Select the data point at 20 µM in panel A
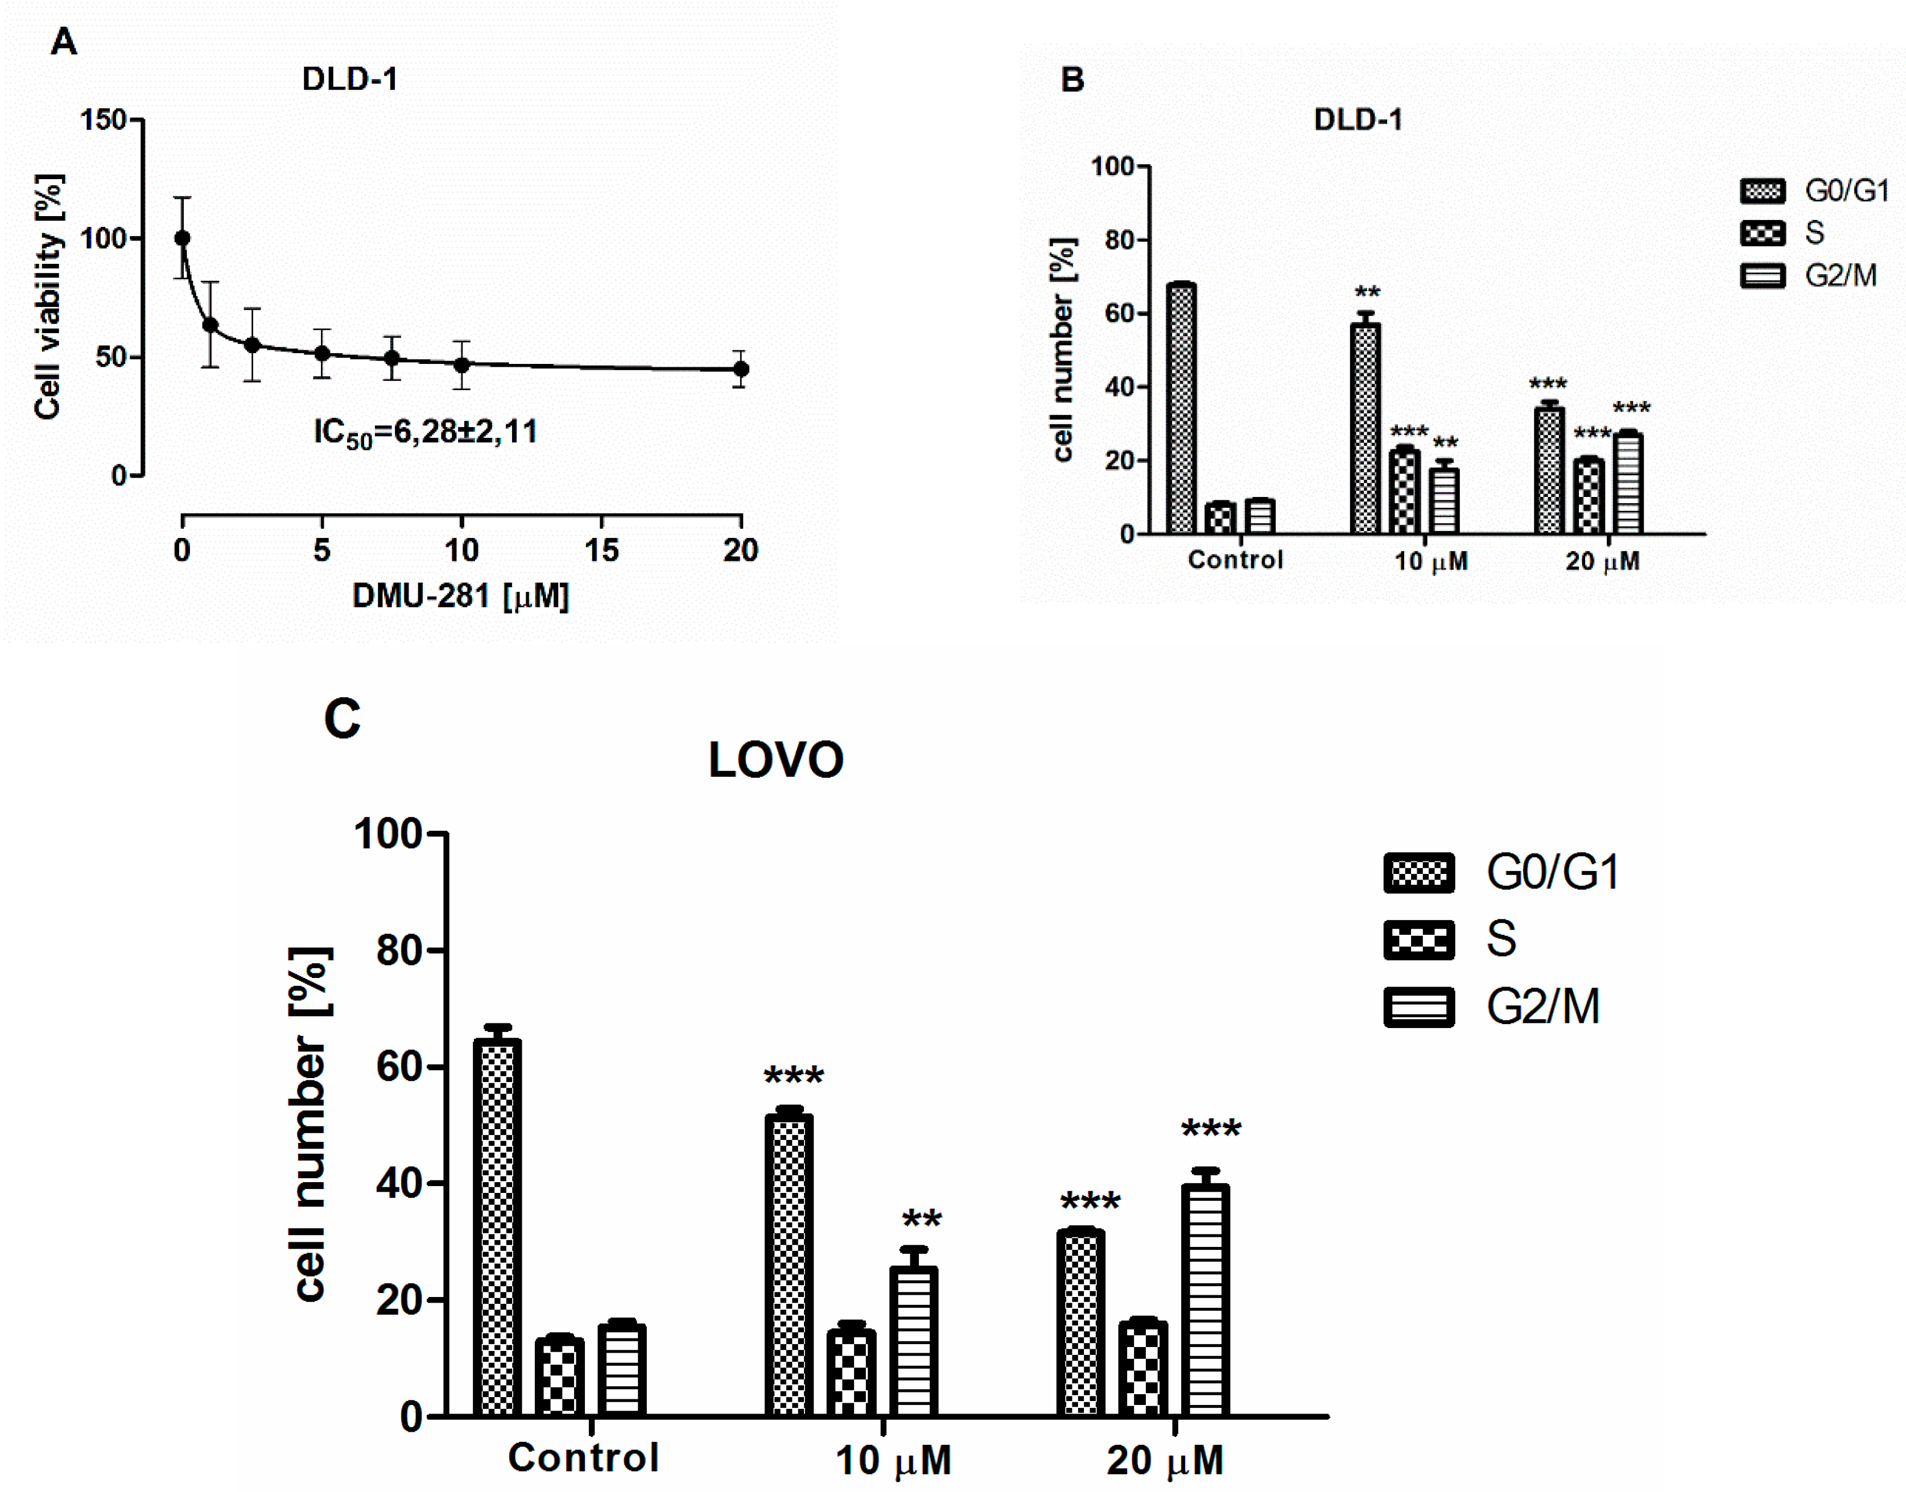click(x=740, y=370)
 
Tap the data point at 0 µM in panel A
click(x=181, y=238)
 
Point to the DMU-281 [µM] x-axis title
click(x=460, y=596)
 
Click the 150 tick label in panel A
click(x=103, y=119)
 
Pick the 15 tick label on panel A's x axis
click(x=601, y=550)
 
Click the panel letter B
click(x=1072, y=80)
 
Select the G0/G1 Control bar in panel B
click(x=1181, y=409)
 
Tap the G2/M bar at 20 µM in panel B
click(x=1627, y=483)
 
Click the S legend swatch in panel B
click(x=1762, y=233)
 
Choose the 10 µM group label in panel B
click(x=1430, y=561)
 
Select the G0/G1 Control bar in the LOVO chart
click(x=496, y=1228)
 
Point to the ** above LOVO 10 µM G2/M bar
click(x=921, y=1220)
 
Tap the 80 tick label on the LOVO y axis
click(x=399, y=950)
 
